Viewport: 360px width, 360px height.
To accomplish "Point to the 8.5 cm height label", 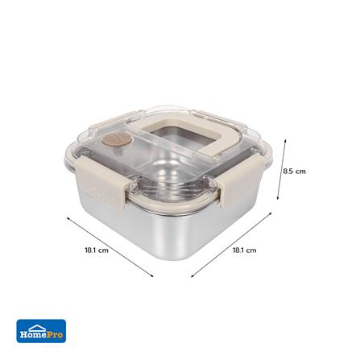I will click(x=294, y=172).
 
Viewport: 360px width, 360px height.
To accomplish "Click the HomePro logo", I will click(x=41, y=330).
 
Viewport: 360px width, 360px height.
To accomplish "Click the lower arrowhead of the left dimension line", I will click(x=152, y=275).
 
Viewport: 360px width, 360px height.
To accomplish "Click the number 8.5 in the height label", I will click(x=288, y=172).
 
